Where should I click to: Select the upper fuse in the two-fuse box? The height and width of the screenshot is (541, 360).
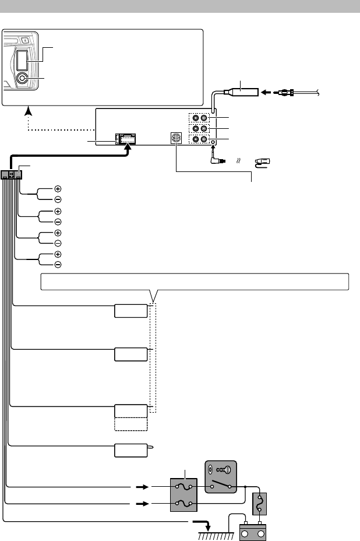point(183,486)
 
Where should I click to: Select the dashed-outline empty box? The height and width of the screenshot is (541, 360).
point(131,424)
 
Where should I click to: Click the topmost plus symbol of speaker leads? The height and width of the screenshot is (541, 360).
point(58,189)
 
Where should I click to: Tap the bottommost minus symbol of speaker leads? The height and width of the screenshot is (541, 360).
point(58,265)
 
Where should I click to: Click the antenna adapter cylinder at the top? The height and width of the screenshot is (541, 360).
point(241,92)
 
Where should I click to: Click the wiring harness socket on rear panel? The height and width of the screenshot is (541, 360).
point(126,139)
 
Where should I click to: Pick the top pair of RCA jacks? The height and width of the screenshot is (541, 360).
point(200,118)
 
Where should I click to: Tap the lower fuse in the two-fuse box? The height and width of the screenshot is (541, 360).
point(183,502)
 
